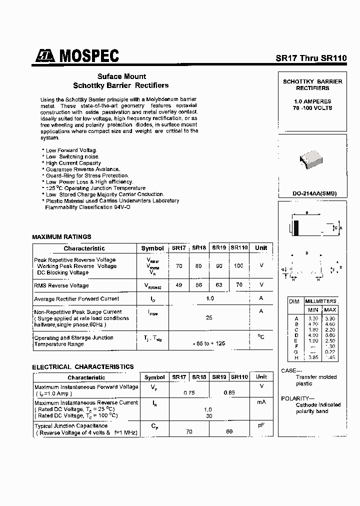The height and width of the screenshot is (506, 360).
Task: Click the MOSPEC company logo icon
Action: pyautogui.click(x=45, y=56)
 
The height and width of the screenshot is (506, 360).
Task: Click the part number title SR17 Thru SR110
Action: pyautogui.click(x=311, y=57)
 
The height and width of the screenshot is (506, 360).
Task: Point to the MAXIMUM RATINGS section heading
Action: pyautogui.click(x=61, y=236)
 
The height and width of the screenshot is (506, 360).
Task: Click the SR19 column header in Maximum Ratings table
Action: pyautogui.click(x=219, y=248)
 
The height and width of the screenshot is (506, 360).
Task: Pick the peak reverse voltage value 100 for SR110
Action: pyautogui.click(x=238, y=266)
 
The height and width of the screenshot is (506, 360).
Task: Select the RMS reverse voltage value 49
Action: pyautogui.click(x=178, y=285)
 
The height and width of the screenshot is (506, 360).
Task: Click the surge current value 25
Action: pyautogui.click(x=210, y=317)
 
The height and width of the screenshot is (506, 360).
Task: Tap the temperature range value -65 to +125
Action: pyautogui.click(x=209, y=343)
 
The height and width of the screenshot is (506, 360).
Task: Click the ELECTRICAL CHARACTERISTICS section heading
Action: pyautogui.click(x=83, y=366)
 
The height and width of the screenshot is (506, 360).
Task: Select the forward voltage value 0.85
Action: pyautogui.click(x=229, y=393)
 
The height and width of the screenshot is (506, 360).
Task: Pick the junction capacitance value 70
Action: pyautogui.click(x=189, y=431)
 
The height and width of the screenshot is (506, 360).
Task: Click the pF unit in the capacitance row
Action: pyautogui.click(x=261, y=425)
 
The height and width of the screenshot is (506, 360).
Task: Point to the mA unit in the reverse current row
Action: pyautogui.click(x=261, y=402)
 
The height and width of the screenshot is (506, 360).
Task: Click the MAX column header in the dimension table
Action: pyautogui.click(x=330, y=310)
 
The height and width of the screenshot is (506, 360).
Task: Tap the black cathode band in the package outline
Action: pyautogui.click(x=296, y=228)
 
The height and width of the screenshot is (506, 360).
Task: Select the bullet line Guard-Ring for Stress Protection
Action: pyautogui.click(x=87, y=175)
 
